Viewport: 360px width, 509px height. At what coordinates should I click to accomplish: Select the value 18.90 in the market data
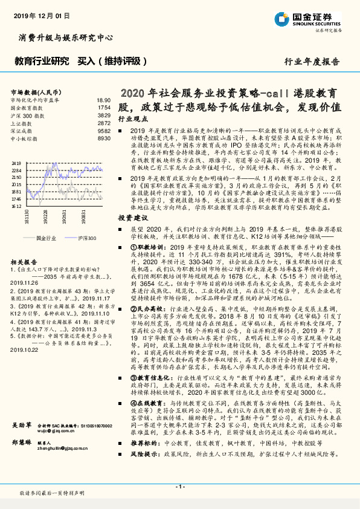point(104,100)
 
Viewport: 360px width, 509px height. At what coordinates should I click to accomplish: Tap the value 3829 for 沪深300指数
point(104,115)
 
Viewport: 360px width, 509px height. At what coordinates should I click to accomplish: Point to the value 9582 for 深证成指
point(104,131)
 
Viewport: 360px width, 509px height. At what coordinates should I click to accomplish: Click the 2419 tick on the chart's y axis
point(16,163)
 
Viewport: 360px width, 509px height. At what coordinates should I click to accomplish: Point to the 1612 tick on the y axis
point(16,206)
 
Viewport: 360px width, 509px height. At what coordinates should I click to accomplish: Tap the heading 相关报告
point(24,262)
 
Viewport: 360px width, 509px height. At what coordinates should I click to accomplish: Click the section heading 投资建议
point(132,216)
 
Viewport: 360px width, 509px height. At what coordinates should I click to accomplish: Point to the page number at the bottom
point(179,485)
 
